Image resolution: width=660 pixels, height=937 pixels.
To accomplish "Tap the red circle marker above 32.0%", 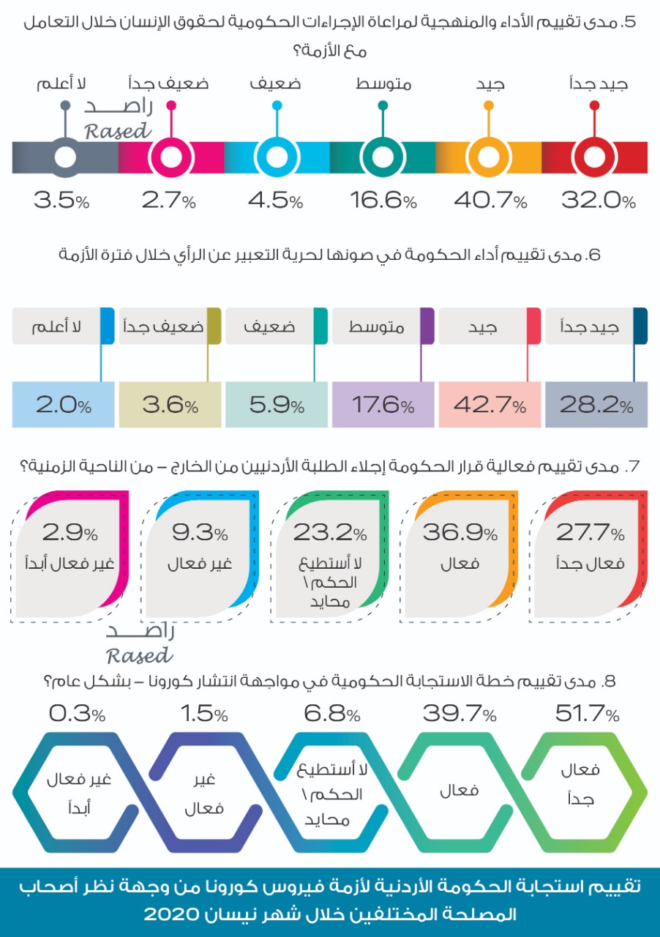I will coord(594,157).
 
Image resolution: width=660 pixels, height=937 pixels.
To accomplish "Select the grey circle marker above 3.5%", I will coord(65,157).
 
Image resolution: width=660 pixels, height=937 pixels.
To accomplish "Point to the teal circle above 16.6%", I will coord(382,157).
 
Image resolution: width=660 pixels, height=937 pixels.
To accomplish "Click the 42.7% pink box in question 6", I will coord(490,405).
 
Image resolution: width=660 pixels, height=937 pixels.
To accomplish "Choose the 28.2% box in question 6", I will coord(596,405).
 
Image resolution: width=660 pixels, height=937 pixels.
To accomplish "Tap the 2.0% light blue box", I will coord(64,405).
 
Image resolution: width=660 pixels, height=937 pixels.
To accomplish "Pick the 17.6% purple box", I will coord(383,405).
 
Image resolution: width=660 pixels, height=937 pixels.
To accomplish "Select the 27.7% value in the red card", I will coord(590,532).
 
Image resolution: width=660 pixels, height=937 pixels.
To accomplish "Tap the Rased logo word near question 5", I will coord(118,131).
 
